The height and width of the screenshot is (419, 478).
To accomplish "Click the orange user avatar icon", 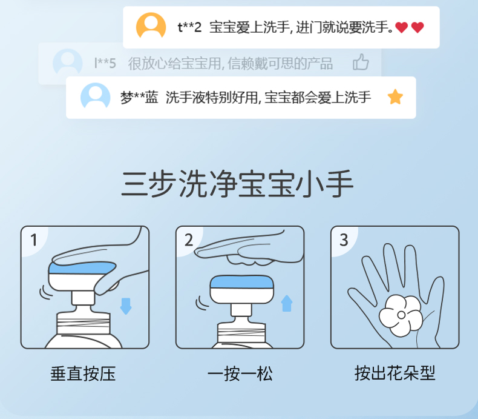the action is (151, 25).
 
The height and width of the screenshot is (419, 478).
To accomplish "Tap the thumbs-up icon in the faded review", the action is (361, 62).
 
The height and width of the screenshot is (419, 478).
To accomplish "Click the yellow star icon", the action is (395, 97).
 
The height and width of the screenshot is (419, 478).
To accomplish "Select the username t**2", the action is (189, 27).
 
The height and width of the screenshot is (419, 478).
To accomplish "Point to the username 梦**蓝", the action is (139, 98).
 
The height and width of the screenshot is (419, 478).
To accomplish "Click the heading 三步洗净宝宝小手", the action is (237, 184).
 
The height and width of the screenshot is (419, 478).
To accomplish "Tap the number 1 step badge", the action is (34, 240).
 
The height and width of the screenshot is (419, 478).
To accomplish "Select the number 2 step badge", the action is (189, 240).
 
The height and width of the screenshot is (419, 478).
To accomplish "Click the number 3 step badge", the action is (344, 240).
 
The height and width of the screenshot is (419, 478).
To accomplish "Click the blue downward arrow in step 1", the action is (126, 306).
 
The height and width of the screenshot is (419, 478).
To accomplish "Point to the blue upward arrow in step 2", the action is (287, 303).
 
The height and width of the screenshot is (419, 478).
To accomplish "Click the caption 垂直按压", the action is (83, 374).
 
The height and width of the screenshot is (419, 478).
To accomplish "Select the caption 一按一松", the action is (240, 374).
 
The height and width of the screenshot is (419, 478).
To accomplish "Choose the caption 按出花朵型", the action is (395, 373).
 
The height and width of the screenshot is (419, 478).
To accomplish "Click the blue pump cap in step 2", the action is (242, 282).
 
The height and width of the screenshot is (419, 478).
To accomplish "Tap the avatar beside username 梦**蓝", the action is (96, 96).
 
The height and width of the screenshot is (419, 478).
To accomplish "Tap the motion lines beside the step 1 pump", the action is (45, 292).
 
